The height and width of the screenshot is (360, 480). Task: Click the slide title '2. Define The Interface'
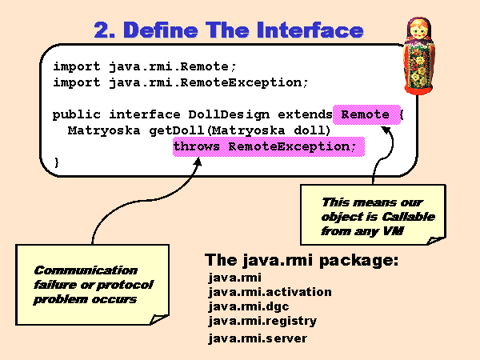click(x=229, y=31)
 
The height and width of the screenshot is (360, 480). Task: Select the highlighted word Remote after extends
click(x=366, y=114)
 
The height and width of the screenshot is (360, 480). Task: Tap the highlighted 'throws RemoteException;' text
click(x=265, y=147)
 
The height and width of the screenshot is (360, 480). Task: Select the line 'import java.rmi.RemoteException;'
click(x=181, y=82)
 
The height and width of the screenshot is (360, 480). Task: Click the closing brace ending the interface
click(x=57, y=163)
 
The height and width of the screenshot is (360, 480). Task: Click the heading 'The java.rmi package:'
click(x=302, y=260)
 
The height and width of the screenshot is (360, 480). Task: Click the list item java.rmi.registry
click(x=262, y=321)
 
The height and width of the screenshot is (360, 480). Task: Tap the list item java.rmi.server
click(x=257, y=338)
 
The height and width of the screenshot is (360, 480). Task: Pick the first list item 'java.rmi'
click(x=230, y=278)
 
